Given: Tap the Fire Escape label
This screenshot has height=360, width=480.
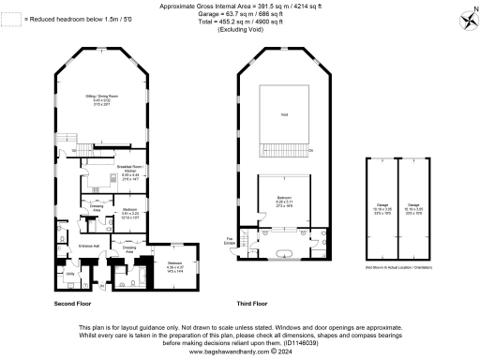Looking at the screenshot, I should point(229,241).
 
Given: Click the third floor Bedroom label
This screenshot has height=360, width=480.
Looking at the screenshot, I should point(283,199).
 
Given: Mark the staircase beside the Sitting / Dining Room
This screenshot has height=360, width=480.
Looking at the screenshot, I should point(91,149).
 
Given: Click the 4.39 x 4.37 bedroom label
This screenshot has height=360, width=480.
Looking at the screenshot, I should point(175,266).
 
